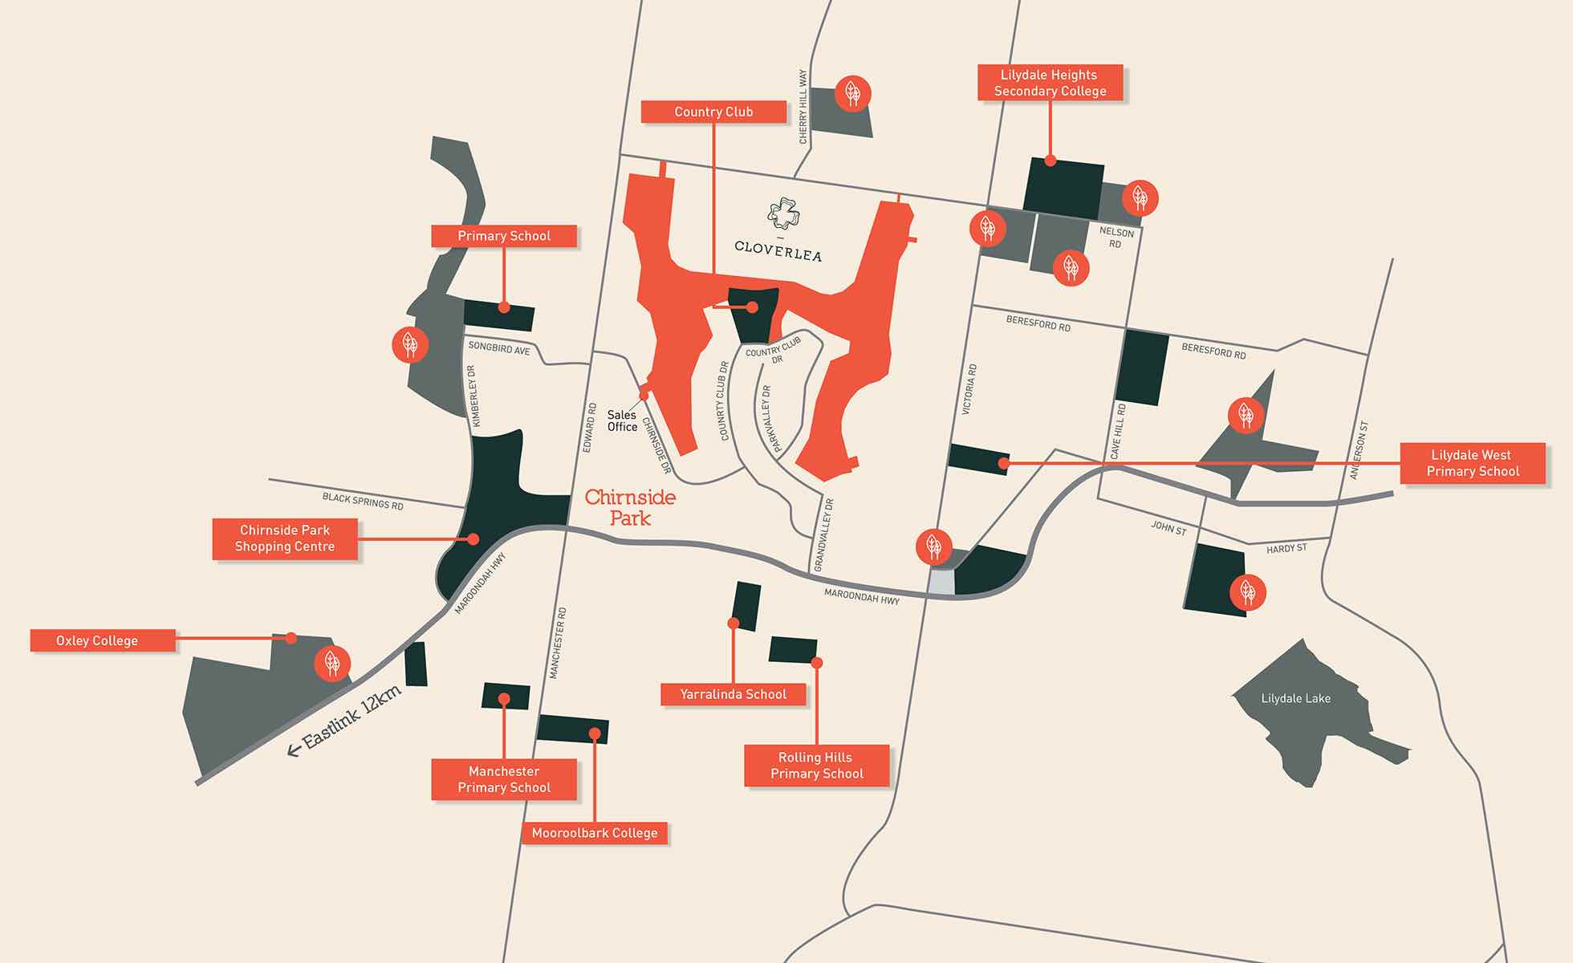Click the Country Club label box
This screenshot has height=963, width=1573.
click(x=713, y=112)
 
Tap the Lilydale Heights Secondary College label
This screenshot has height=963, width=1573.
click(x=1049, y=83)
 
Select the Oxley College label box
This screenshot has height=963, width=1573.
click(x=103, y=640)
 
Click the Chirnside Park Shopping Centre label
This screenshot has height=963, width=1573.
click(x=285, y=538)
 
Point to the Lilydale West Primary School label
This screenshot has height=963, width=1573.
click(x=1472, y=463)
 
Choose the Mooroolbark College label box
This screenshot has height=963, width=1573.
click(x=595, y=833)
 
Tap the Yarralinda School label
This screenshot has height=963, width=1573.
click(x=733, y=694)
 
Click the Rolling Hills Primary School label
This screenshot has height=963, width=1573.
click(x=816, y=766)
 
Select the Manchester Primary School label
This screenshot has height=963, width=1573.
click(x=504, y=779)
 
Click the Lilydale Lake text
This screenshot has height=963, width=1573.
click(x=1295, y=698)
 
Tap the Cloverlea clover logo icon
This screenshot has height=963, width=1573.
click(x=783, y=213)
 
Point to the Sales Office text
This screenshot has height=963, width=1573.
click(x=622, y=421)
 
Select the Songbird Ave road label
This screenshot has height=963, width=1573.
click(x=499, y=348)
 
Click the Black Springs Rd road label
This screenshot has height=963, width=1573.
click(x=363, y=501)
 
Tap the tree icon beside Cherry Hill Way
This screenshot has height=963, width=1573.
click(x=852, y=93)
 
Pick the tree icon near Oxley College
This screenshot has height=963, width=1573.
click(x=331, y=663)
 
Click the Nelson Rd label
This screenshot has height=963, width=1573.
click(x=1116, y=238)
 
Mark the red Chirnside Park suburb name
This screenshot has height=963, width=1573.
click(x=630, y=507)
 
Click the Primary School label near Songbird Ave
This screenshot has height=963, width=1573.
click(x=504, y=236)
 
